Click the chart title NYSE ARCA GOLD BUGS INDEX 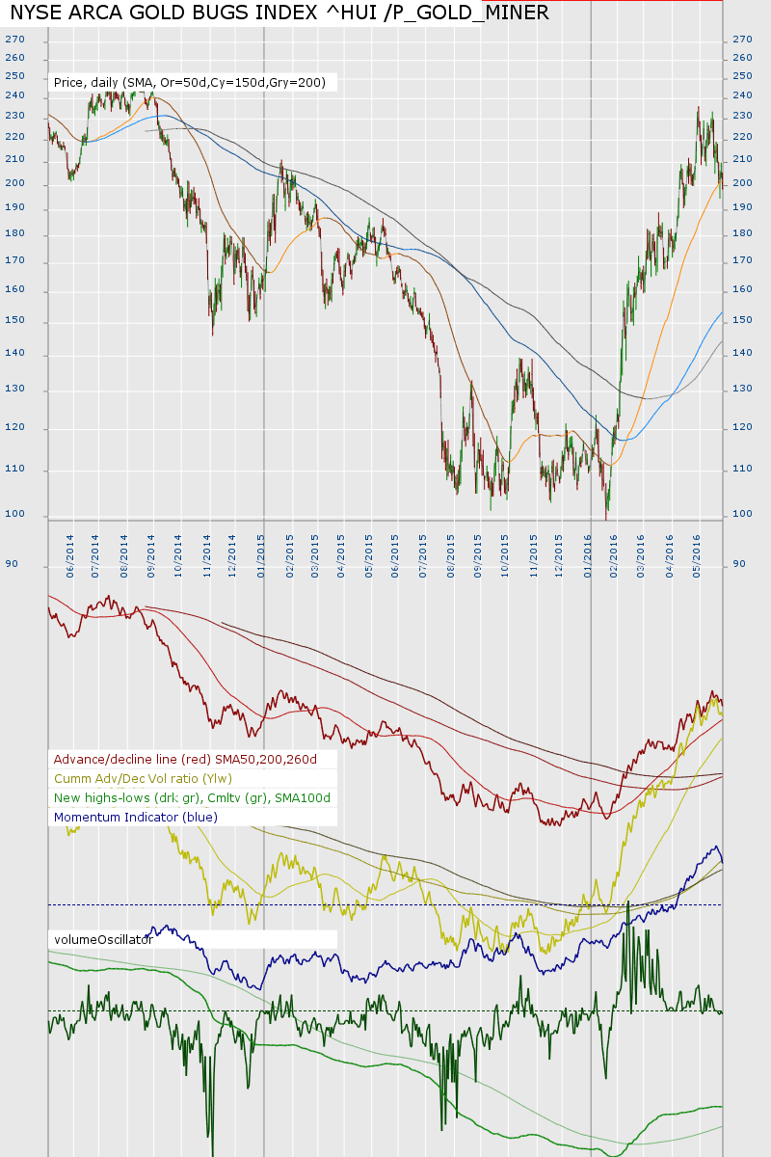pyautogui.click(x=279, y=13)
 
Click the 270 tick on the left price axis pyautogui.click(x=14, y=40)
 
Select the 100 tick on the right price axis pyautogui.click(x=741, y=514)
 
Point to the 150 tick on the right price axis pyautogui.click(x=741, y=320)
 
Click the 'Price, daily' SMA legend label pyautogui.click(x=192, y=83)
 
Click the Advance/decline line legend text pyautogui.click(x=185, y=759)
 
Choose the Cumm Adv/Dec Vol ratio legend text pyautogui.click(x=143, y=778)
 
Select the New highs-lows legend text pyautogui.click(x=192, y=797)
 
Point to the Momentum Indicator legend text pyautogui.click(x=136, y=817)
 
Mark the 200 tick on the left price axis pyautogui.click(x=14, y=184)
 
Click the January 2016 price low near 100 pyautogui.click(x=606, y=519)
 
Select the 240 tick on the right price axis pyautogui.click(x=741, y=96)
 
